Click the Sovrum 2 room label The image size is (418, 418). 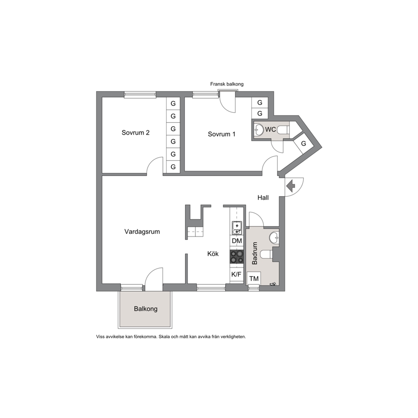(x=135, y=132)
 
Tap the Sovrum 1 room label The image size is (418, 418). (x=222, y=134)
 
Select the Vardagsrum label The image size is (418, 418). (x=142, y=232)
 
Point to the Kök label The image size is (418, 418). (x=213, y=254)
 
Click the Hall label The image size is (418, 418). (x=263, y=198)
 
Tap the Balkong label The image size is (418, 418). (x=145, y=309)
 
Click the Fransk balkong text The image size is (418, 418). (x=227, y=84)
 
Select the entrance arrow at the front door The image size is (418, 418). (x=290, y=186)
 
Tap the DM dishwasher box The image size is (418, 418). (x=237, y=241)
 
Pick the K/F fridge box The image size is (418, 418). (x=236, y=275)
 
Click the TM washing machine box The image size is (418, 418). (x=254, y=279)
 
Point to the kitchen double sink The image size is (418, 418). (x=237, y=228)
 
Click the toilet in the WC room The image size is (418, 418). (x=283, y=130)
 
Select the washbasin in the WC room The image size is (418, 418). (x=258, y=130)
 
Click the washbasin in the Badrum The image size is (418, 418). (x=274, y=238)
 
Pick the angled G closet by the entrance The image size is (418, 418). (x=304, y=143)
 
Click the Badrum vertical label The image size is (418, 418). (x=255, y=253)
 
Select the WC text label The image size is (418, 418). (x=271, y=129)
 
